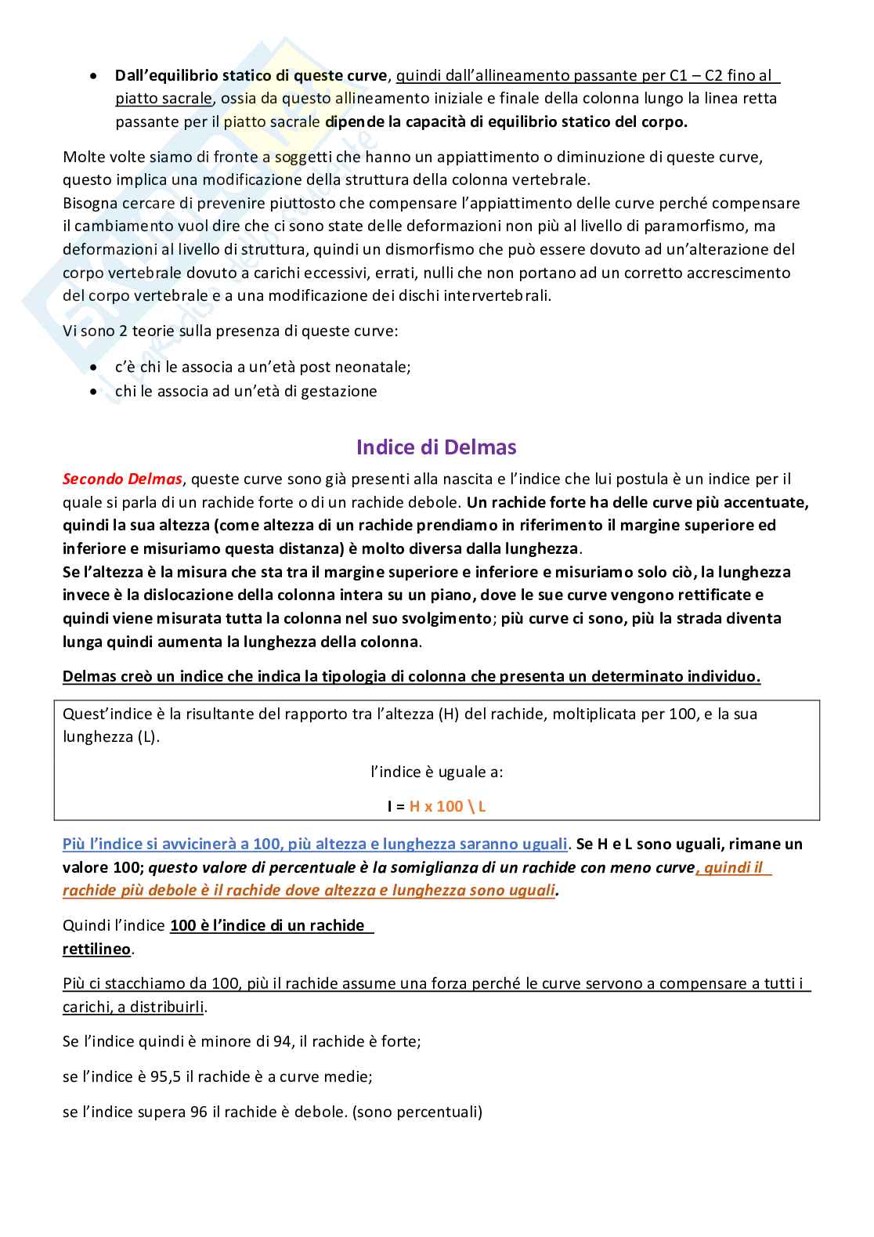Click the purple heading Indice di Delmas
point(436,447)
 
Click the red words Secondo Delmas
point(122,479)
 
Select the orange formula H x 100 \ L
point(447,806)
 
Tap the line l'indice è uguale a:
point(436,772)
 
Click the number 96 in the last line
point(198,1112)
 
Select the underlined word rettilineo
point(96,949)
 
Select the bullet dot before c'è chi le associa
point(95,367)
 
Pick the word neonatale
point(370,367)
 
